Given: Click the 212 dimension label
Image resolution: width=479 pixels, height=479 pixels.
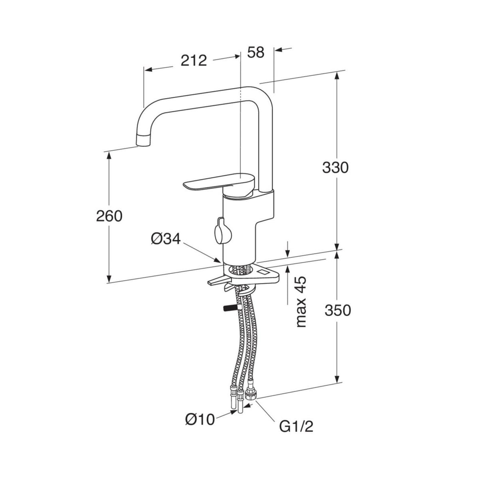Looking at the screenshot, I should pyautogui.click(x=194, y=61).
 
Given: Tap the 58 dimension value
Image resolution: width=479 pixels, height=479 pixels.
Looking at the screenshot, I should pyautogui.click(x=256, y=52).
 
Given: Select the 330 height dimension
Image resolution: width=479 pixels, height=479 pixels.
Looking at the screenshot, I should pyautogui.click(x=335, y=168).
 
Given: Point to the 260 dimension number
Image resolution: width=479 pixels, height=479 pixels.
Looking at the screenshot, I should pyautogui.click(x=109, y=216).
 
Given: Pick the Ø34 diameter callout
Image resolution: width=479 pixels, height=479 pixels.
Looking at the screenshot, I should pyautogui.click(x=166, y=239).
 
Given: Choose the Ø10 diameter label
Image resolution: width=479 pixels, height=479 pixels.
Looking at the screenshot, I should pyautogui.click(x=200, y=419).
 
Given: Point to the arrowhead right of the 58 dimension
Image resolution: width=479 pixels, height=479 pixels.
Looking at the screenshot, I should pyautogui.click(x=278, y=49).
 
